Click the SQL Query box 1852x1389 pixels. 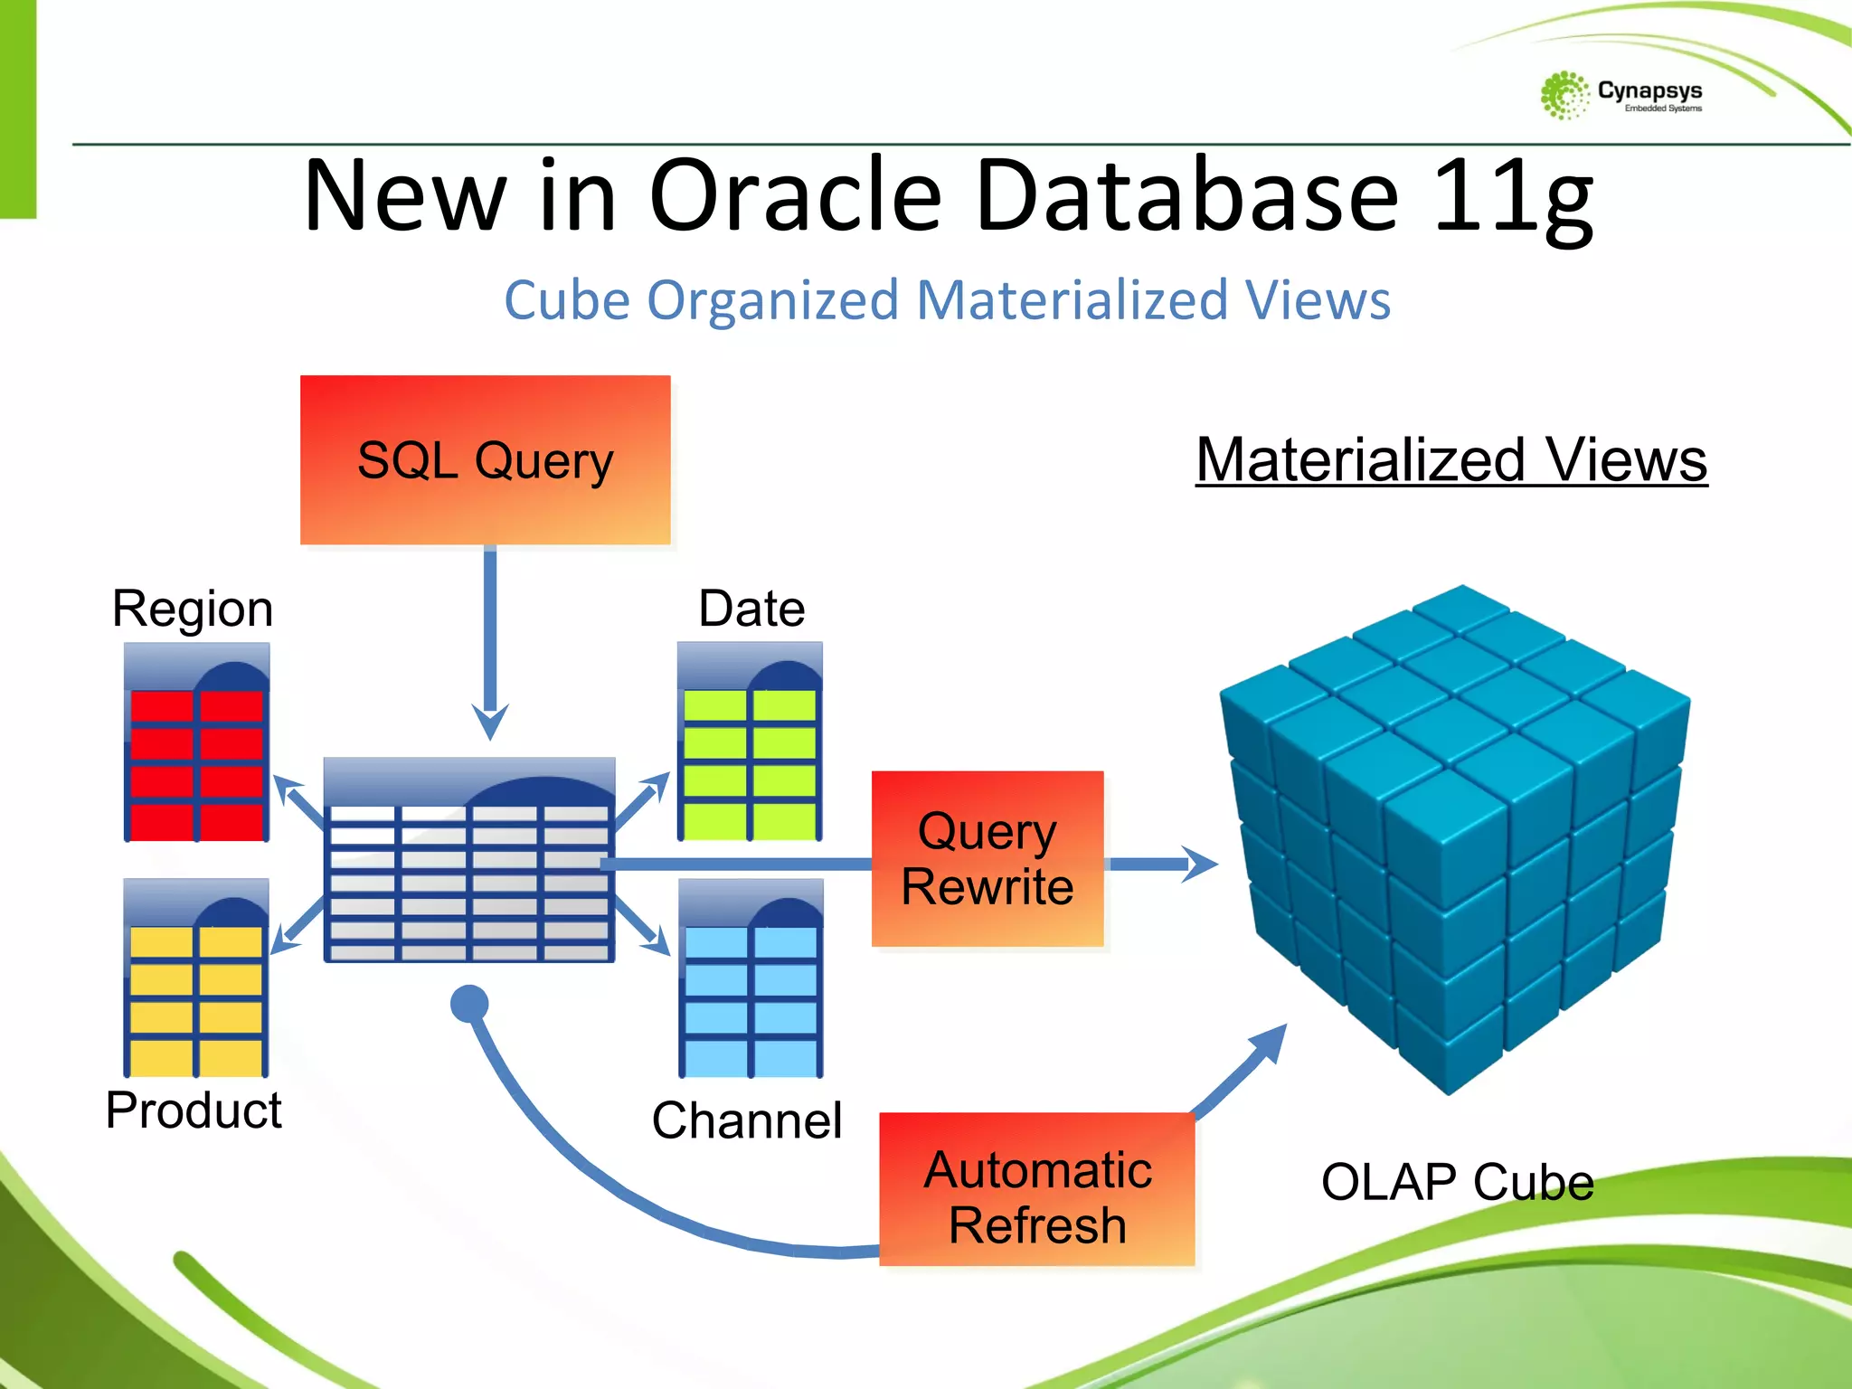coord(485,460)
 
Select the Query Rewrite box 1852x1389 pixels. coord(987,858)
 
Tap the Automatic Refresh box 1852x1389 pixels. coord(1036,1188)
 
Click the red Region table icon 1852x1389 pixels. coord(196,743)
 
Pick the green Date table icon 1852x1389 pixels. coord(750,742)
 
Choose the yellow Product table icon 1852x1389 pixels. coord(196,978)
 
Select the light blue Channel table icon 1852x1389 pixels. coord(751,979)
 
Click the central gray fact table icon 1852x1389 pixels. coord(468,861)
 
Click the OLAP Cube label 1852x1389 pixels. coord(1457,1182)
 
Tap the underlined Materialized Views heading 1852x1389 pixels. coord(1450,460)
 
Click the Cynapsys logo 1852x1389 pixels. coord(1620,95)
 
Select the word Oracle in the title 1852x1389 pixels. coord(795,195)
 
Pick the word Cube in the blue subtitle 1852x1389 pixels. coord(566,300)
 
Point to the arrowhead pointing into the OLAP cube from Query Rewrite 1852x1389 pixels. coord(1201,865)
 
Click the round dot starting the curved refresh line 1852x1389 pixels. coord(469,1003)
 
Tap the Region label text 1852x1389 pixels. coord(192,609)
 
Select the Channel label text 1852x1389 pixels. coord(746,1121)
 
